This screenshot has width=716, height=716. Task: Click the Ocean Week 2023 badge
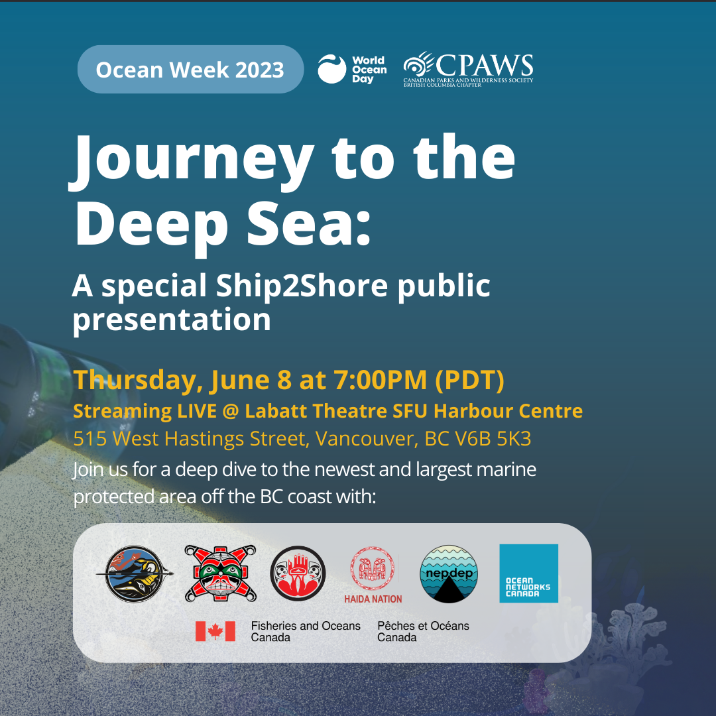click(190, 70)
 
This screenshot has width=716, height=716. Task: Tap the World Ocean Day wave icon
click(332, 70)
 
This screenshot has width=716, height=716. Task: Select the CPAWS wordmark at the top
click(484, 66)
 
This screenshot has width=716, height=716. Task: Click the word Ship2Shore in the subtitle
click(302, 285)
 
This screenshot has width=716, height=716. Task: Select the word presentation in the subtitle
click(172, 319)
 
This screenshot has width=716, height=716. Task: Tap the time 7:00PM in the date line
click(381, 380)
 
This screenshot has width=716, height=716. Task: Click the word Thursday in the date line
click(137, 381)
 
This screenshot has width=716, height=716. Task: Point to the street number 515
click(90, 438)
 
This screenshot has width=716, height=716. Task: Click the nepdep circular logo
click(448, 574)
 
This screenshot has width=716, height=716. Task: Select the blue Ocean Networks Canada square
click(529, 573)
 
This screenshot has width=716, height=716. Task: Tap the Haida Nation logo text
click(373, 599)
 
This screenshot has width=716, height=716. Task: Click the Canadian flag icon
click(215, 631)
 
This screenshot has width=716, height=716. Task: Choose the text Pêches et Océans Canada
click(423, 632)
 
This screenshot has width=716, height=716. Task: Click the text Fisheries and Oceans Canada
click(306, 632)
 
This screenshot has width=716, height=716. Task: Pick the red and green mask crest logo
click(221, 573)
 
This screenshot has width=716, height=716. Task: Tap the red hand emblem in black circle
click(298, 573)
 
